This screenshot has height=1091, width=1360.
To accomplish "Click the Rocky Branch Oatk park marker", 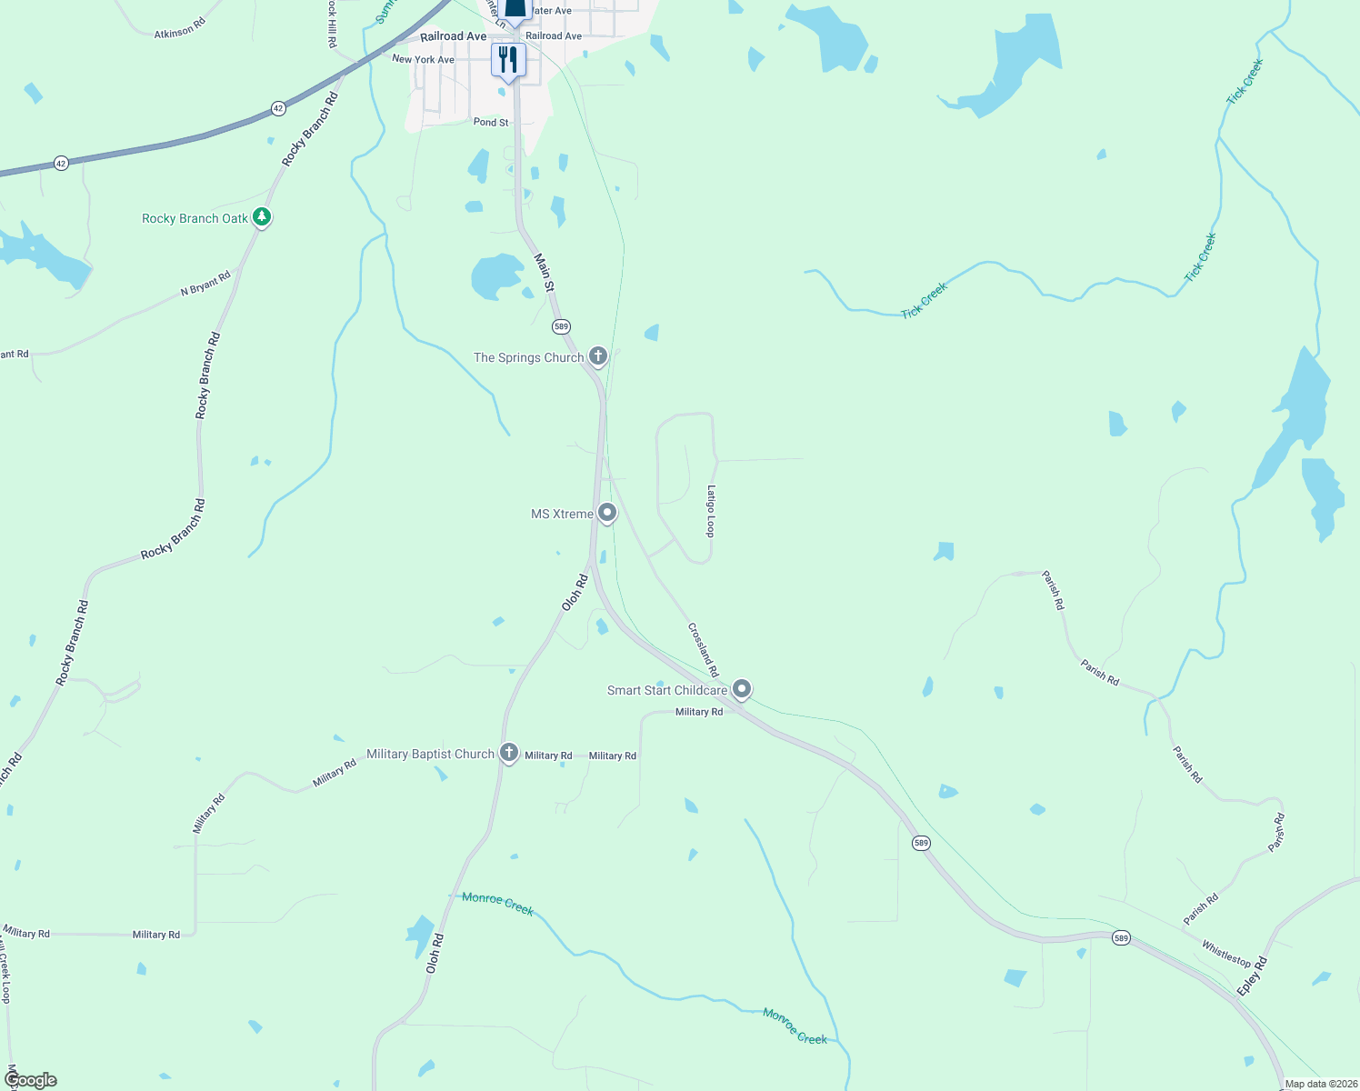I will pos(262,217).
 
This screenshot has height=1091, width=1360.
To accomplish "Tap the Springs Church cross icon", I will pos(598,355).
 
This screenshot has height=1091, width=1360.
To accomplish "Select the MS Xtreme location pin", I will pos(607,513).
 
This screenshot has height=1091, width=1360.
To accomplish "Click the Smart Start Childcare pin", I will pos(742,689).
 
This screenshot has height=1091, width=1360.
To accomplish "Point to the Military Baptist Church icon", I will pos(509,753).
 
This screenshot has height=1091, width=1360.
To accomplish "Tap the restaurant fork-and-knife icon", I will pos(508,60).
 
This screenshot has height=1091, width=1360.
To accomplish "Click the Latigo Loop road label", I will pos(712,511).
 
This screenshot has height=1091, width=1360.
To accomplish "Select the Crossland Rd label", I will pos(703,649).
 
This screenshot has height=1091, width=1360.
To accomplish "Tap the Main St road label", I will pos(544,273).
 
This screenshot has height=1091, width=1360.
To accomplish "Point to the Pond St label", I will pos(491,122).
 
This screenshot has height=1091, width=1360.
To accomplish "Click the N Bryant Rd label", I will pos(205,284).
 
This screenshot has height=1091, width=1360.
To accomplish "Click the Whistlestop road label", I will pos(1226,953).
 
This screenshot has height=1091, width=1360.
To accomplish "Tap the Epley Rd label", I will pos(1252,976).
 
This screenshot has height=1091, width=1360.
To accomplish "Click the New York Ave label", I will pos(423,59).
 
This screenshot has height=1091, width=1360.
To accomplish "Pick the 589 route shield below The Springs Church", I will pos(561,326).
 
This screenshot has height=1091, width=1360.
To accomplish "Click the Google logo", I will pos(31,1080).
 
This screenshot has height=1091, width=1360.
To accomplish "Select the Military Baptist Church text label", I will pos(430,754).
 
